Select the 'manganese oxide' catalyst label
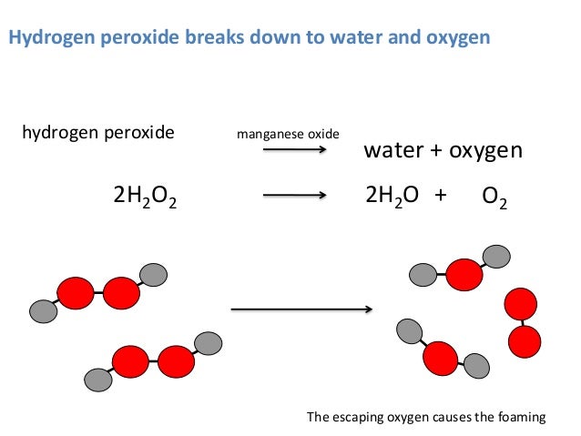[x=288, y=135]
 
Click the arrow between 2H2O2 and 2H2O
[x=294, y=195]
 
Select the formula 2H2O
[x=392, y=195]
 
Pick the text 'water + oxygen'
[x=443, y=150]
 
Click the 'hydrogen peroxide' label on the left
[x=97, y=133]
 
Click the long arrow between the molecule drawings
[x=301, y=309]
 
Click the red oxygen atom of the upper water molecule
[x=464, y=273]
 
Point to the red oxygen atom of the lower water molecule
[x=440, y=358]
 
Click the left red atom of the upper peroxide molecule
[x=76, y=293]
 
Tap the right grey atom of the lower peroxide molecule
[x=209, y=343]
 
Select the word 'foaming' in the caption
[x=522, y=418]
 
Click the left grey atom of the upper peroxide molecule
[x=43, y=311]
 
